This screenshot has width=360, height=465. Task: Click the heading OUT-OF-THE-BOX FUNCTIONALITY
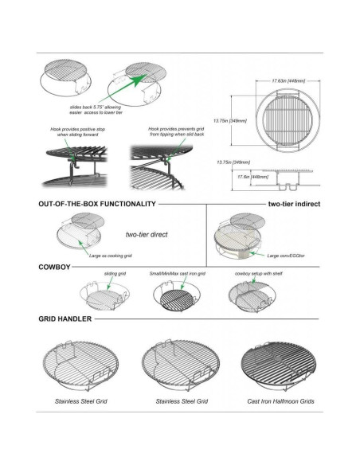[96, 205]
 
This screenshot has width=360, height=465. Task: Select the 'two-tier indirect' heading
[294, 205]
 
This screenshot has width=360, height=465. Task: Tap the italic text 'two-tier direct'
[148, 235]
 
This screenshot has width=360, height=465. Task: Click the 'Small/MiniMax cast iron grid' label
[177, 274]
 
